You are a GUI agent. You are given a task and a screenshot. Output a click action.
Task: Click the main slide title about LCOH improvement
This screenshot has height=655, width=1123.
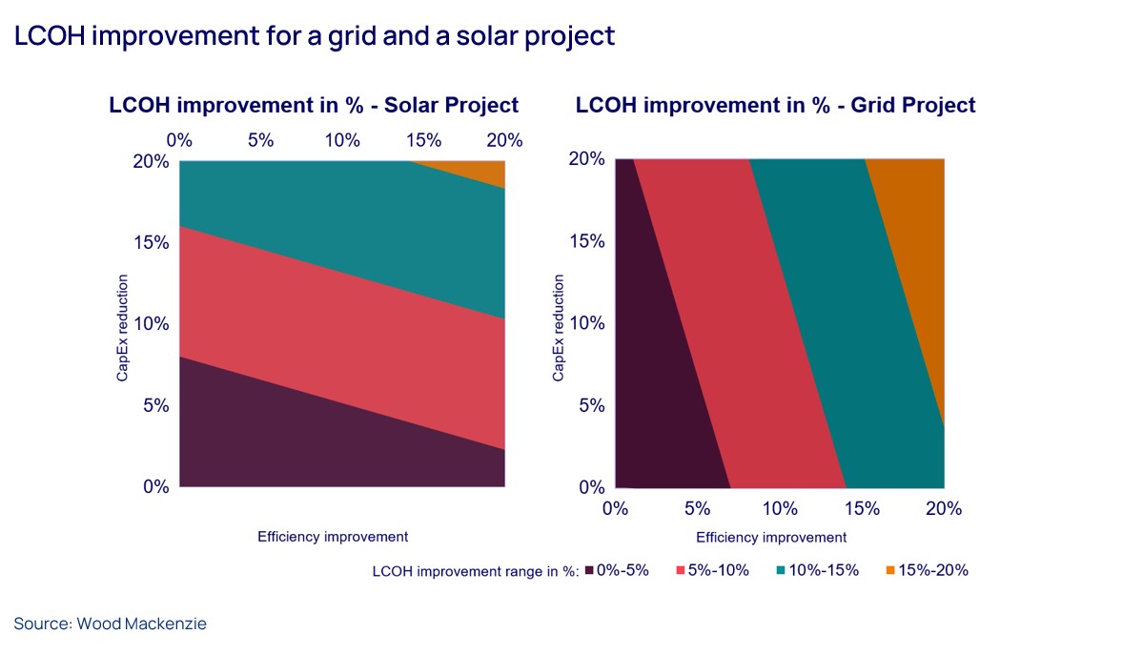point(314,35)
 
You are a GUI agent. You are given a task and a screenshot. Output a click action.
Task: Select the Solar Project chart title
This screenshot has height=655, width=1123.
point(314,105)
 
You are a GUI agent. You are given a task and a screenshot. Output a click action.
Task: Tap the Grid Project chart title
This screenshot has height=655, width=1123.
point(775,105)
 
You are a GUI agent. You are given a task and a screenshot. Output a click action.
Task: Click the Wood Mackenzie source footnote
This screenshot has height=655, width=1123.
point(110,624)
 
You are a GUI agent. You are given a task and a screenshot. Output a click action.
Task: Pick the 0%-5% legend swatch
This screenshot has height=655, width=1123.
point(589,570)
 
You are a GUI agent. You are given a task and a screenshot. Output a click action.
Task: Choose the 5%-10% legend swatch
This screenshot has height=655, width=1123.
point(681,570)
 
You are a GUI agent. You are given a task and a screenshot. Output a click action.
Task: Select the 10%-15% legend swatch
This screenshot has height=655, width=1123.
point(781,570)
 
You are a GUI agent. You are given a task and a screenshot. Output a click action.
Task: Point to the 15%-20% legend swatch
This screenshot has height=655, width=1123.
point(890,570)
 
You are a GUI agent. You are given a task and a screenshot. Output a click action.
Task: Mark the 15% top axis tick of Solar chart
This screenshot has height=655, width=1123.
point(423,140)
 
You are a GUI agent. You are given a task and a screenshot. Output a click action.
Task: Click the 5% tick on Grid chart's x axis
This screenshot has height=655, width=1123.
point(697,508)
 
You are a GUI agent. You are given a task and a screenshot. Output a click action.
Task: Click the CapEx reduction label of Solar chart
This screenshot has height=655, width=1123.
point(122,329)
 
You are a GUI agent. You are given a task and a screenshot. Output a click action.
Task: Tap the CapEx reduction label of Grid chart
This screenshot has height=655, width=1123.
point(558,329)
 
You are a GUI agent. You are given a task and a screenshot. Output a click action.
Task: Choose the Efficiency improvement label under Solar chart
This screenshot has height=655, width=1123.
point(333,537)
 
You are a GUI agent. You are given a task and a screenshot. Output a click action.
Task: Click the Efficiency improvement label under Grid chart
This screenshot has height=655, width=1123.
point(771,537)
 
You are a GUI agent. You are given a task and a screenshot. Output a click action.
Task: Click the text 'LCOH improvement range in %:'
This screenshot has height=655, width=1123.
point(476,570)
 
